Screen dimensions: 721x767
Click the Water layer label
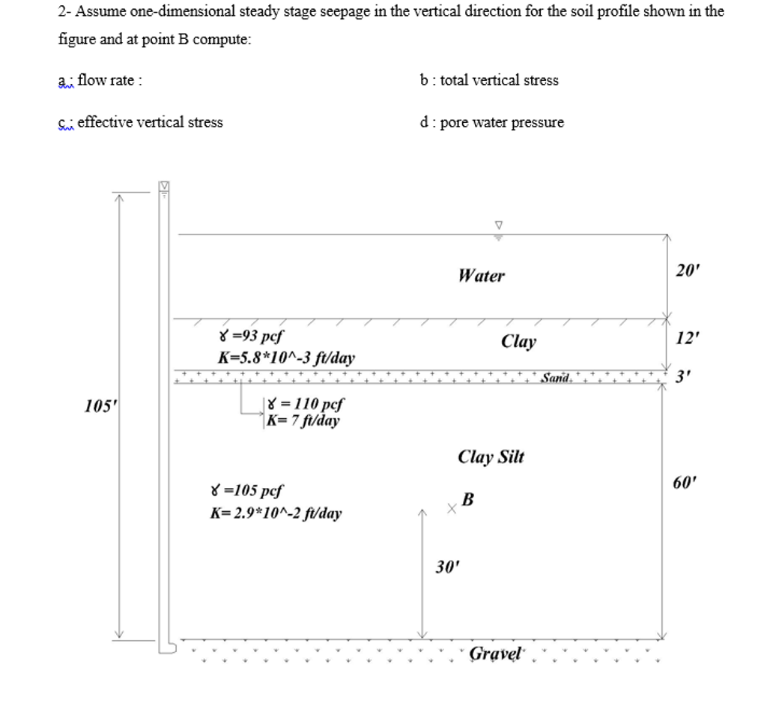pos(482,276)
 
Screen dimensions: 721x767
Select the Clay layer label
pos(518,342)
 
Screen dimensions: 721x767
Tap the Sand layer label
pos(557,378)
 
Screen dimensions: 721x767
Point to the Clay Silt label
pos(491,457)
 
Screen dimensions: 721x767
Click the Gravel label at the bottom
pos(495,654)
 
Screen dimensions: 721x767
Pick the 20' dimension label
pos(685,271)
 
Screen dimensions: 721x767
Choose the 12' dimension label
pos(686,339)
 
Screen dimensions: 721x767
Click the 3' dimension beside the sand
pos(682,378)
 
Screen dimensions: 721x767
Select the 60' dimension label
pos(685,482)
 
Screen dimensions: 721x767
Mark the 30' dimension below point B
pos(446,567)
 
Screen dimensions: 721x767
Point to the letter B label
pos(468,499)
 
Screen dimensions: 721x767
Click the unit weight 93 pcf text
pos(249,337)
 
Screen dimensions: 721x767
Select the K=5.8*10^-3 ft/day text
pos(285,358)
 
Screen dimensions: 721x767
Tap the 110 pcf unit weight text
pos(305,405)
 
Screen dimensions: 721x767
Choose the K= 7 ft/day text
pos(303,420)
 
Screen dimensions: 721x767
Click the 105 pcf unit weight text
pos(247,492)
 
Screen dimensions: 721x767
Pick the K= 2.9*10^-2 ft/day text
pos(276,513)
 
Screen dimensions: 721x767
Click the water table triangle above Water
pos(499,225)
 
